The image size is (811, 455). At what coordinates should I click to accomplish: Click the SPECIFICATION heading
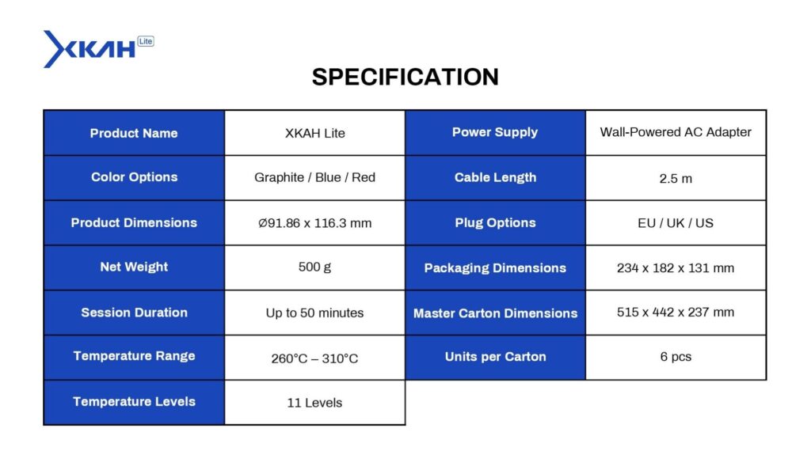coord(405,77)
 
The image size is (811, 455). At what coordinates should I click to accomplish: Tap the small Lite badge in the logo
coord(146,41)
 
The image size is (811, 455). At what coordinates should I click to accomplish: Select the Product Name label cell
coord(134,133)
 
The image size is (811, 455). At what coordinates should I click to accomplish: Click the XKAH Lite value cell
coord(315,133)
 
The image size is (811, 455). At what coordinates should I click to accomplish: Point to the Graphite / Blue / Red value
coord(315,177)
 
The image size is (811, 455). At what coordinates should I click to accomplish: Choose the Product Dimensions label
coord(134,223)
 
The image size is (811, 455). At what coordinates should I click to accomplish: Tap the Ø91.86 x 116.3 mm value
coord(315,223)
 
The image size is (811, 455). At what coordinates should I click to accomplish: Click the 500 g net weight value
coord(315,267)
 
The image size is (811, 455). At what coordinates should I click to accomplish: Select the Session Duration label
coord(134,313)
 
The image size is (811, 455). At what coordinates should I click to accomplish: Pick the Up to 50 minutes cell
coord(315,313)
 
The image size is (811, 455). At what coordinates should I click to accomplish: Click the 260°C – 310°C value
coord(315,358)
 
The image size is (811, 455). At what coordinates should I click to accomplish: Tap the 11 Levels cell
coord(315,402)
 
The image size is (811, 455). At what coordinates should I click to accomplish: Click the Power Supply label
coord(495,132)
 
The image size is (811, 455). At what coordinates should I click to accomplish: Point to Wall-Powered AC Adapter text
coord(676,132)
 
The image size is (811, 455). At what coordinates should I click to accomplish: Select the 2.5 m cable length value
coord(676,178)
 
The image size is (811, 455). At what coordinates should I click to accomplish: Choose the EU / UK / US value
coord(676,223)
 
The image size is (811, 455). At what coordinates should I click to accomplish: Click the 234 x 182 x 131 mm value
coord(676,267)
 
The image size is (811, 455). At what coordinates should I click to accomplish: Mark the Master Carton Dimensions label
coord(495,313)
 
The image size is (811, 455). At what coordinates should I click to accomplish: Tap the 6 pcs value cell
coord(676,357)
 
